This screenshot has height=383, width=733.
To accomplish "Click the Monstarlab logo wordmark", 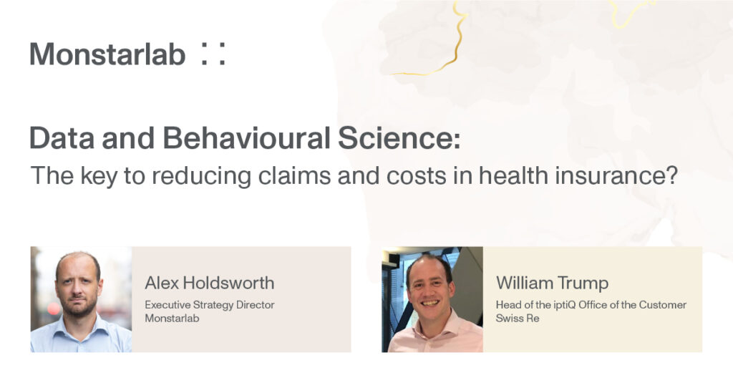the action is [x=107, y=54].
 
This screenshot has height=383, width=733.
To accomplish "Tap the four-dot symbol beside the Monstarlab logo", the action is [x=213, y=54].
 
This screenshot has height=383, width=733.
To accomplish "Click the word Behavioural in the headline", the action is [x=246, y=138].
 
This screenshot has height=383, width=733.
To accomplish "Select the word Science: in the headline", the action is [x=399, y=138].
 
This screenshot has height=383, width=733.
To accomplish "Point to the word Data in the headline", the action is [x=62, y=138].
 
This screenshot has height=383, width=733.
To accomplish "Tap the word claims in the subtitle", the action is [x=294, y=176].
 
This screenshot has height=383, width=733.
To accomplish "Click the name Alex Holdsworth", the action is [x=210, y=283].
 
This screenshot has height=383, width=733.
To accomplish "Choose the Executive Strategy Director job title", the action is [x=210, y=305].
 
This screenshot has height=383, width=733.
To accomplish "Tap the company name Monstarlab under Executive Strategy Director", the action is [x=172, y=319].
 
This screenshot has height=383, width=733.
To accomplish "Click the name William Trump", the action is [x=552, y=283].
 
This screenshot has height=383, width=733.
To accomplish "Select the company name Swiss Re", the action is [x=518, y=319].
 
